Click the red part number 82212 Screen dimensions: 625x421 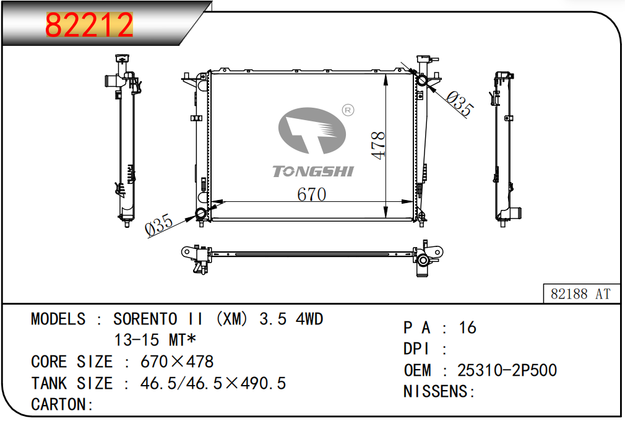[89, 25]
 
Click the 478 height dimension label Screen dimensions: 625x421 [378, 145]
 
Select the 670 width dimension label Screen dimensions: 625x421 [312, 194]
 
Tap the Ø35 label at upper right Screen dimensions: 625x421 [460, 103]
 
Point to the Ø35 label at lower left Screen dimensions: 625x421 [159, 225]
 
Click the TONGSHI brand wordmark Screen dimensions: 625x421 [313, 171]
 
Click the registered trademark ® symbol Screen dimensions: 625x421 [348, 110]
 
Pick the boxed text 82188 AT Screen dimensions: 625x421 [580, 294]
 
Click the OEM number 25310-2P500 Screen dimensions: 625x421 [507, 370]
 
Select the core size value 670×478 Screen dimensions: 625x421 [177, 362]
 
